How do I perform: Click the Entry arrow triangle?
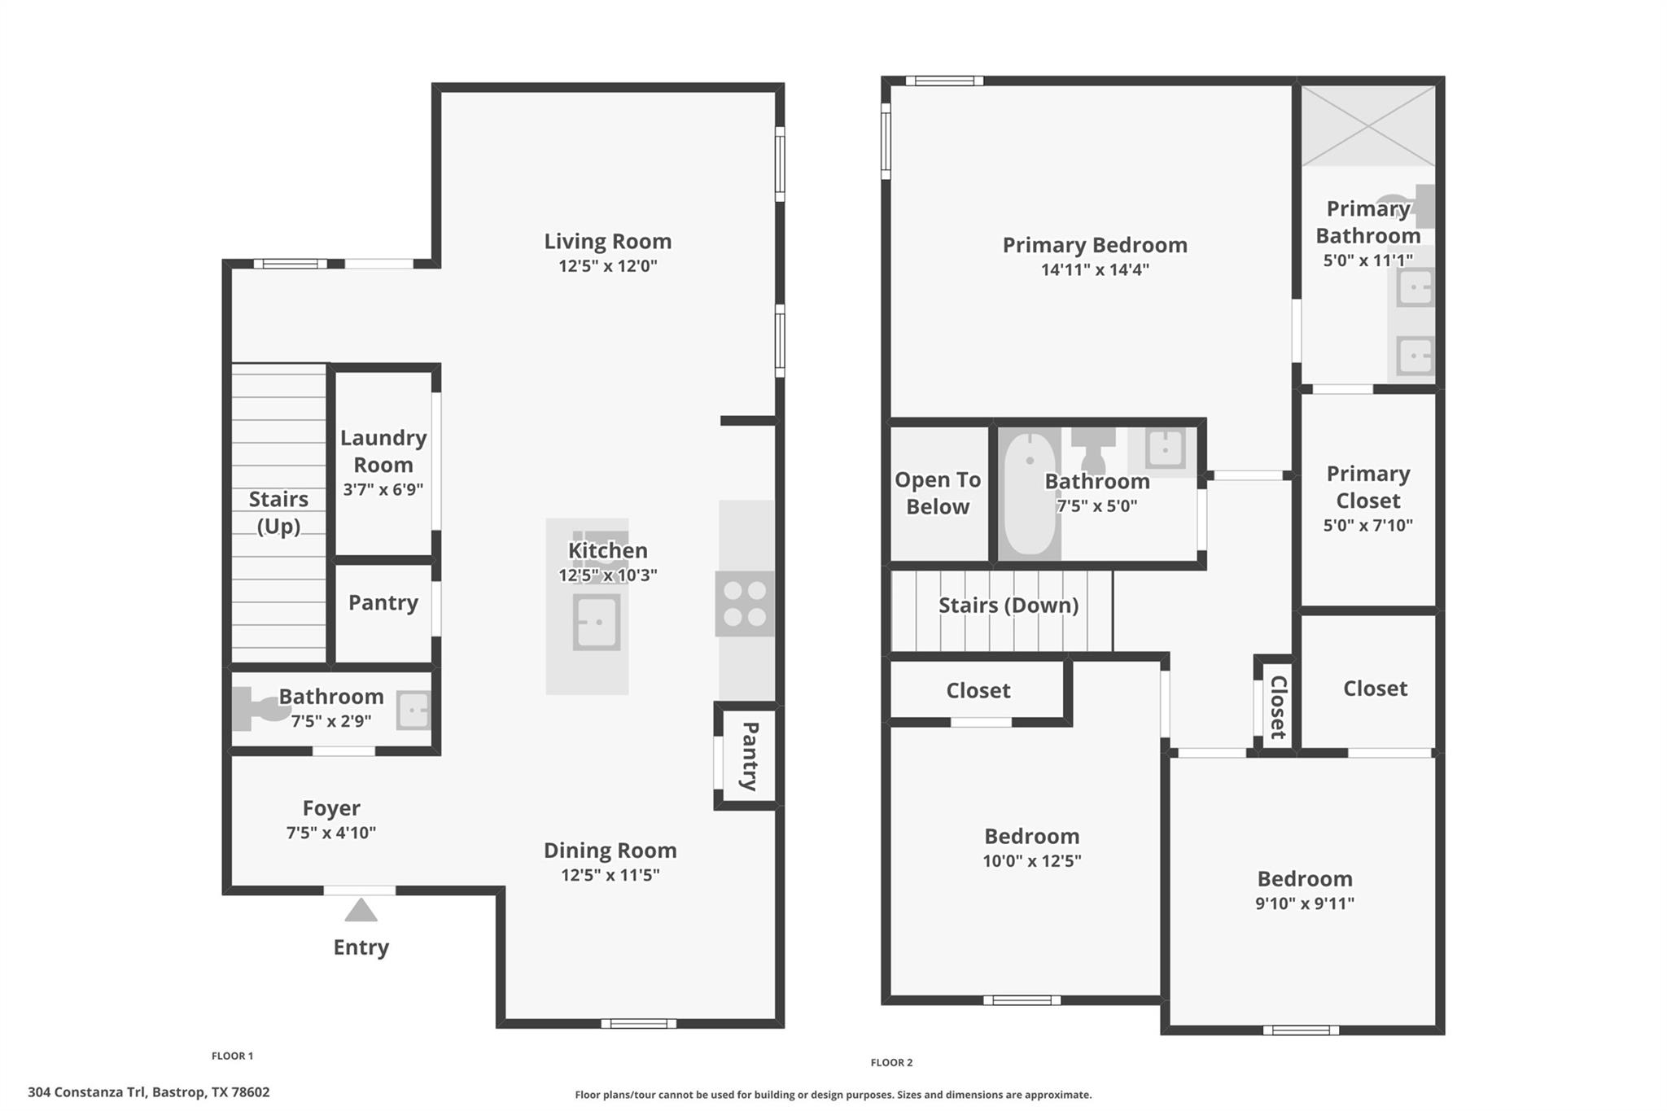pos(361,910)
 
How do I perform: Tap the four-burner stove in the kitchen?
pos(745,604)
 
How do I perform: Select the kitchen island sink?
pos(597,622)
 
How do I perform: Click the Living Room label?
pos(608,242)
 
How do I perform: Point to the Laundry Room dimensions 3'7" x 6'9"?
pos(383,489)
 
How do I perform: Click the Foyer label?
pos(331,808)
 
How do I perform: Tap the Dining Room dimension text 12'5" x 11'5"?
pos(610,875)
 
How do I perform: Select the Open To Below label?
pos(938,493)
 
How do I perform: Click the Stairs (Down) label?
pos(1009,606)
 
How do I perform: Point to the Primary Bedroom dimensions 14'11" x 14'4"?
pos(1095,269)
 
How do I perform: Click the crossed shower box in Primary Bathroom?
pos(1368,126)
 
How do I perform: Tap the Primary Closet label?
pos(1368,487)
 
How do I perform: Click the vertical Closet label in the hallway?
pos(1278,707)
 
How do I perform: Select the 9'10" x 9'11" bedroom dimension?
pos(1305,903)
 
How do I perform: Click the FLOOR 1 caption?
pos(232,1056)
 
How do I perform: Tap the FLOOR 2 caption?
pos(891,1062)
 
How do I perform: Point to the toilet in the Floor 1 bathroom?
pos(257,708)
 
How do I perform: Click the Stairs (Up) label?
pos(278,513)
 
